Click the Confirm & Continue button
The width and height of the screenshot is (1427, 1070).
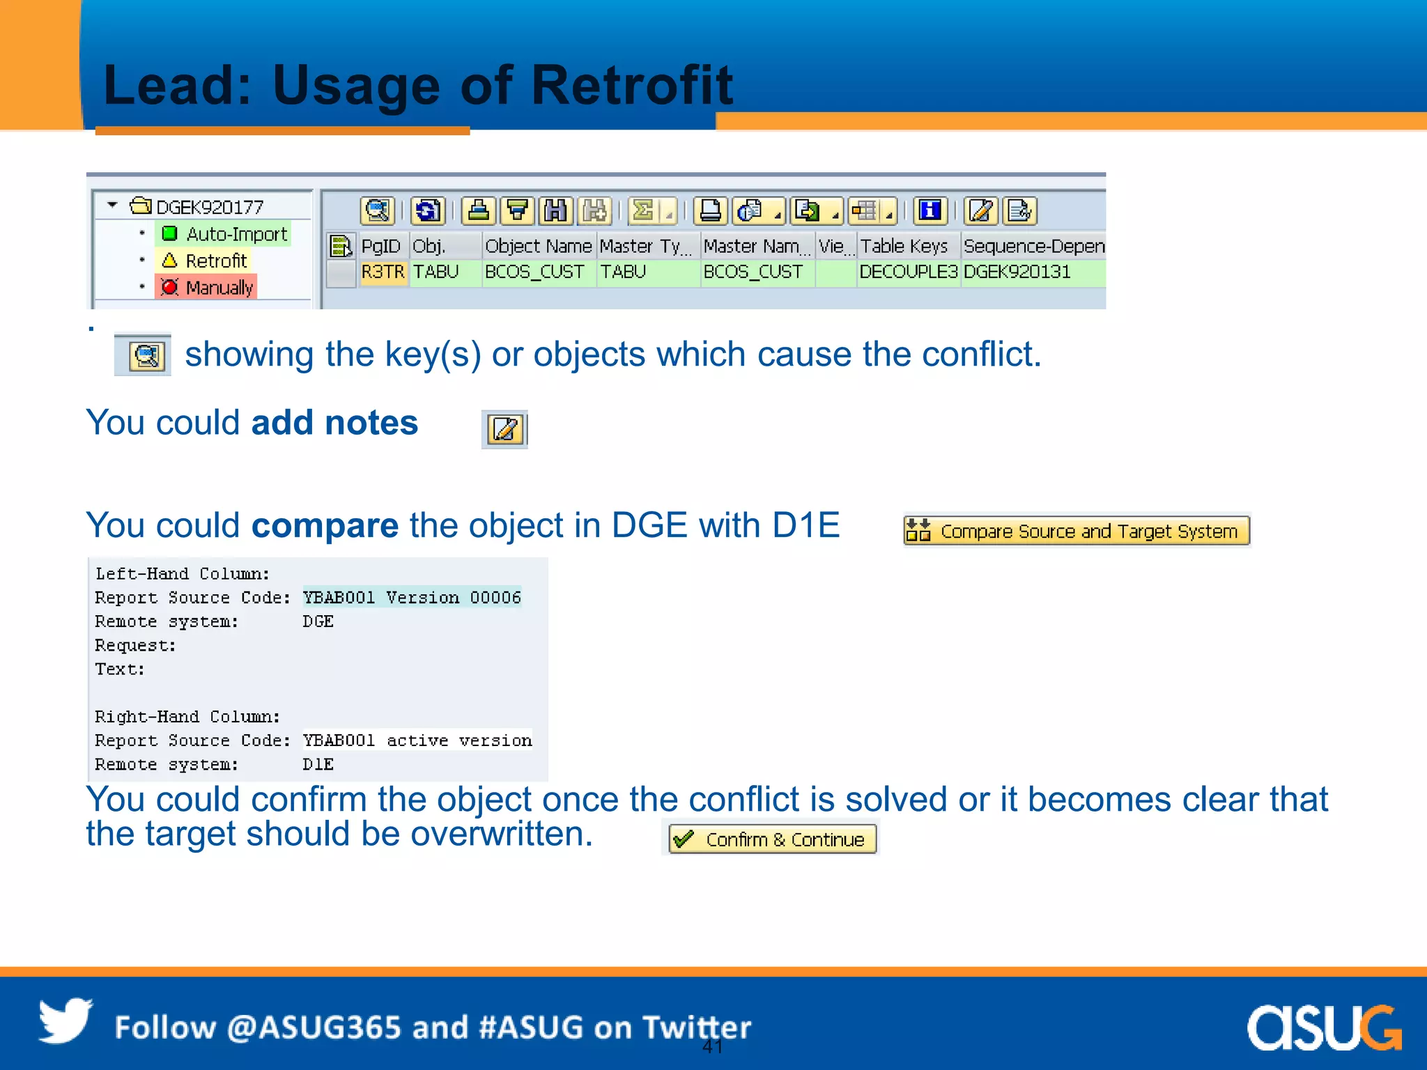point(772,839)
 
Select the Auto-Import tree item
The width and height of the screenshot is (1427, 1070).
point(224,234)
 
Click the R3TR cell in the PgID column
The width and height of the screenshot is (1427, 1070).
point(383,272)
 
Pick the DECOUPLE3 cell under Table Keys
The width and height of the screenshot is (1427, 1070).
point(908,272)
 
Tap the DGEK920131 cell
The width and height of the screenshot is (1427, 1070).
point(1017,272)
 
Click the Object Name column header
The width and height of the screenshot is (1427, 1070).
point(538,247)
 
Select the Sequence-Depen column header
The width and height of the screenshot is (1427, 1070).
point(1033,247)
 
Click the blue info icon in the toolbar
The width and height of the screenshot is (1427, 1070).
point(930,210)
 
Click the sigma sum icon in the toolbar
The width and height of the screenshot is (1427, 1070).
point(643,210)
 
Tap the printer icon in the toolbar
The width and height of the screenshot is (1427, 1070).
point(710,210)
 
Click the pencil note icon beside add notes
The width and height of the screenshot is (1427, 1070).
point(504,430)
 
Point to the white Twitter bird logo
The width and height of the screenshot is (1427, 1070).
point(65,1021)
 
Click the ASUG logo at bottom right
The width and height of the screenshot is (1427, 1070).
point(1323,1028)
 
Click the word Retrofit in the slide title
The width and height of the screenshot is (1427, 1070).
point(631,85)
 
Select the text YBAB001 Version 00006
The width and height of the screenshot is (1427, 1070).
point(412,598)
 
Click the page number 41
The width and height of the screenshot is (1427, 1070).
point(712,1046)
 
